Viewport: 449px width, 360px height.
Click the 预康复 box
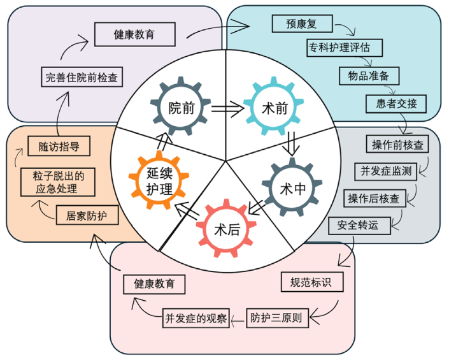[302, 24]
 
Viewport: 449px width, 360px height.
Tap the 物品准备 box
[369, 75]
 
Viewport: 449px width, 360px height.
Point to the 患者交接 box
[396, 103]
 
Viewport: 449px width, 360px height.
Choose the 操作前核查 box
[397, 145]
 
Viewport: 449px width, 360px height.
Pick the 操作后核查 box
[373, 198]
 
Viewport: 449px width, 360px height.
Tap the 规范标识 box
[311, 282]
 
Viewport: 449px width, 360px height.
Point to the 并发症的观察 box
[196, 317]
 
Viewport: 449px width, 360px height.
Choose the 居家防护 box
[87, 215]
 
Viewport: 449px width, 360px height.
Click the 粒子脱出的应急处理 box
[58, 182]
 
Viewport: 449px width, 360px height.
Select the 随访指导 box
[59, 146]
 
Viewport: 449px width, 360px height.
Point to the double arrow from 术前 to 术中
[292, 143]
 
